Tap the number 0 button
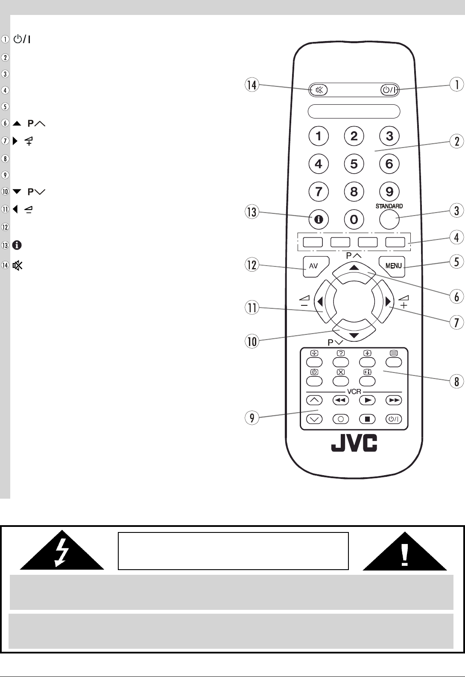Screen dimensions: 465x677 click(354, 220)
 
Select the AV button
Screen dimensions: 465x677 click(315, 266)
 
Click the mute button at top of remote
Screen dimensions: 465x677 click(319, 90)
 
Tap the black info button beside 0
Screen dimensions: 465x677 click(319, 220)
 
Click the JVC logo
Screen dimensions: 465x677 click(354, 443)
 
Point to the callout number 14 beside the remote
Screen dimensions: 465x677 click(252, 85)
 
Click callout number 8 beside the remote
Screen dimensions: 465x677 click(456, 381)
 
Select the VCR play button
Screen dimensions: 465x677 click(367, 400)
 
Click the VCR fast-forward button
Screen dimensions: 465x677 click(394, 400)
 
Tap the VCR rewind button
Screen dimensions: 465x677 click(341, 400)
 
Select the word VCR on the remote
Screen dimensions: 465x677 click(354, 392)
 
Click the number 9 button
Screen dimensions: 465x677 click(389, 191)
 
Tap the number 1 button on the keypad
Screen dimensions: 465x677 click(319, 136)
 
